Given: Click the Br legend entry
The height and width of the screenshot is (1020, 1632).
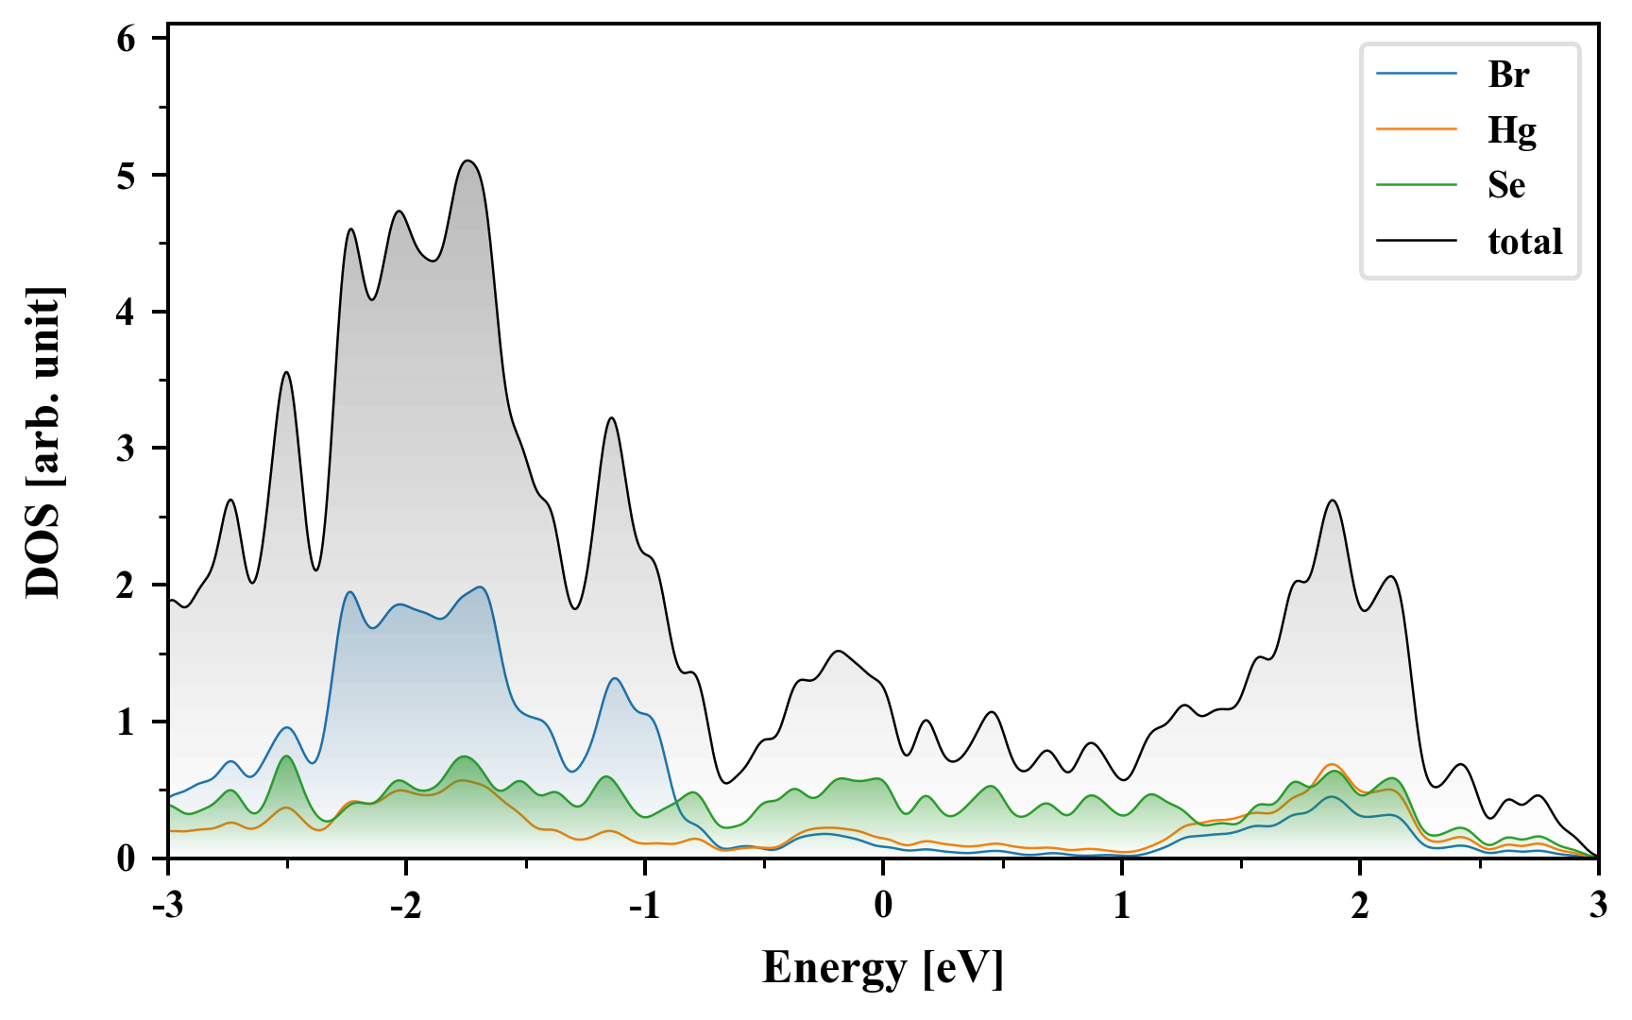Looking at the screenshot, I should click(x=1508, y=75).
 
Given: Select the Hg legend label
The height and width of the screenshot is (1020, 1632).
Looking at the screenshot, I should click(x=1512, y=129).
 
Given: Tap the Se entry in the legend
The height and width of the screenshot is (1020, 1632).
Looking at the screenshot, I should click(x=1506, y=185).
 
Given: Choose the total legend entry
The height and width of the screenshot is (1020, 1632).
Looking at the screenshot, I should click(x=1525, y=242).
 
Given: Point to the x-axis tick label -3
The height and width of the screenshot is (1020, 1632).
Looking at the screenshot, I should click(x=167, y=905).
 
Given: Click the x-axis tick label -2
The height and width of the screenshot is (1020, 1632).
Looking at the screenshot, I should click(x=405, y=905).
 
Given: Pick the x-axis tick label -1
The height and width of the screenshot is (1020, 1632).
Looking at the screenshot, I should click(x=643, y=905).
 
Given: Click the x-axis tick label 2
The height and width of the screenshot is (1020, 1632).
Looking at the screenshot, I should click(x=1360, y=905).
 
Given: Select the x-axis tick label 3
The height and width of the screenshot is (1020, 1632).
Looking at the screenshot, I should click(x=1598, y=905).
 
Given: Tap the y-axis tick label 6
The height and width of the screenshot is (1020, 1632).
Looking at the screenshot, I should click(x=127, y=39).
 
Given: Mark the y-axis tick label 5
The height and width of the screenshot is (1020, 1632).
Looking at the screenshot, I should click(x=127, y=176).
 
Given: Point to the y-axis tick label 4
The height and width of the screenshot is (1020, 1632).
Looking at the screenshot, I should click(x=127, y=312).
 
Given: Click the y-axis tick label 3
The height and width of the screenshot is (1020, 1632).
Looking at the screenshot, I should click(x=127, y=449).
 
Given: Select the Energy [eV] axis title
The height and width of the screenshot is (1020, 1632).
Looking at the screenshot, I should click(x=883, y=969).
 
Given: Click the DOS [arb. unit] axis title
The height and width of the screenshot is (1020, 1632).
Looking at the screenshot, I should click(x=43, y=442).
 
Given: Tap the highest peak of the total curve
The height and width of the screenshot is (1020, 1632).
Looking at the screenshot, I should click(x=468, y=161).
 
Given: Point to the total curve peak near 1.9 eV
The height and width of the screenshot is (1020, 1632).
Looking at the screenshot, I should click(x=1333, y=501).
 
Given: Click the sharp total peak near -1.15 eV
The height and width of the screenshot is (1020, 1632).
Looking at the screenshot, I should click(x=612, y=417).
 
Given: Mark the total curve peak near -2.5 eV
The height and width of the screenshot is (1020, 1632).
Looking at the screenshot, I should click(x=286, y=373).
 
